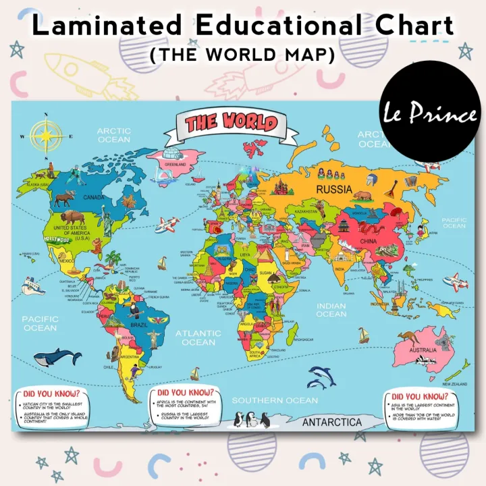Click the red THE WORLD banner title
[x=231, y=124]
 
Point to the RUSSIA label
[x=335, y=189]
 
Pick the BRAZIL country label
[x=138, y=325]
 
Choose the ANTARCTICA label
[x=331, y=423]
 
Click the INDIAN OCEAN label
[x=331, y=310]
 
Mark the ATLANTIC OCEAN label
[x=198, y=337]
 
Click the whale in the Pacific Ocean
[x=57, y=356]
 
